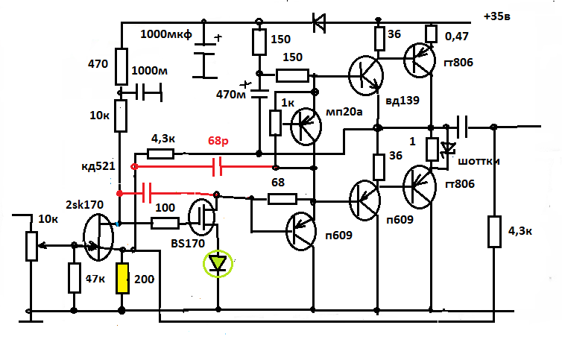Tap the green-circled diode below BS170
point(218,262)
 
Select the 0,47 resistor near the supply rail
point(430,34)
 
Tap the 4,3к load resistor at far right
point(493,231)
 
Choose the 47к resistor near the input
point(74,278)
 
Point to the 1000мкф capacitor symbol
point(203,56)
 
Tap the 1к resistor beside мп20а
point(275,124)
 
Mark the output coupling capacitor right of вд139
point(462,126)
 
